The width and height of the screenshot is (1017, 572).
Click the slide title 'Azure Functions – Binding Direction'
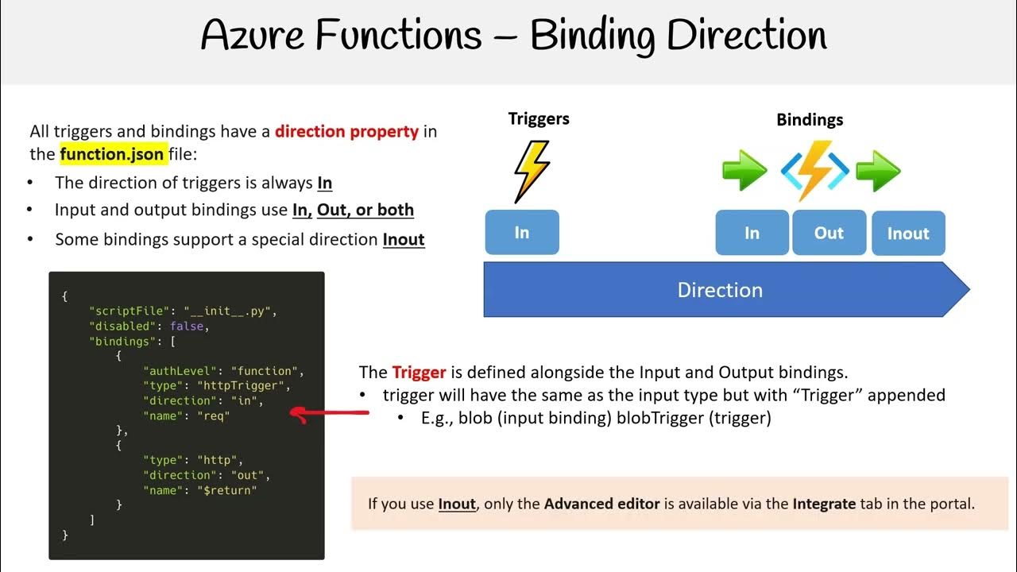(513, 36)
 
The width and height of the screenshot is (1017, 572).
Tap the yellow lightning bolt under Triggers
(531, 171)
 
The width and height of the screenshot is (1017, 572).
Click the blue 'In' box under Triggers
(521, 232)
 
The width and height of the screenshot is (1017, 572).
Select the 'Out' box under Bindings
(829, 233)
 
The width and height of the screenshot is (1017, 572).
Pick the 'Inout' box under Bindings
(907, 234)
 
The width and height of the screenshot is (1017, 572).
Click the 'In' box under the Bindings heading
(752, 233)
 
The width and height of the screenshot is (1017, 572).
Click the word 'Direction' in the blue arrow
(720, 290)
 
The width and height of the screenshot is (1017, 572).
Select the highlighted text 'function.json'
(112, 154)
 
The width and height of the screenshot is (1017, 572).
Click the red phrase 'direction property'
(346, 131)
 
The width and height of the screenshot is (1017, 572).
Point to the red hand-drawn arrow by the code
(329, 413)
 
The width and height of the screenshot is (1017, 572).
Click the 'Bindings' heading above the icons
(810, 120)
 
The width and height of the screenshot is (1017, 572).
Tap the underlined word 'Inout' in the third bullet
(404, 239)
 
